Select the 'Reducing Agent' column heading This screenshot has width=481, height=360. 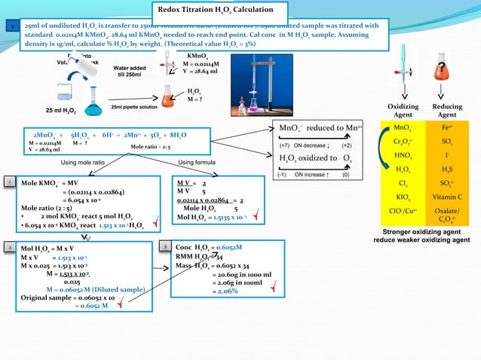click(446, 111)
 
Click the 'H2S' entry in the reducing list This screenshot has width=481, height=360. click(446, 169)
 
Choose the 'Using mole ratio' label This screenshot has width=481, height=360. click(82, 162)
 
